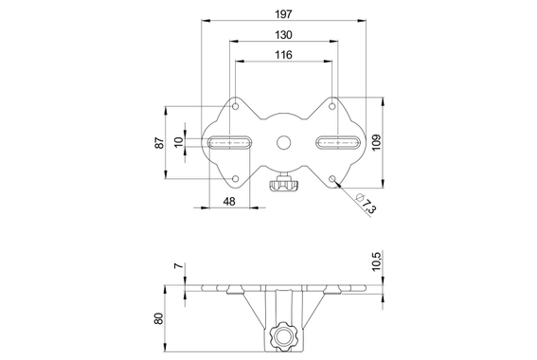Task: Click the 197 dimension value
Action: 282,14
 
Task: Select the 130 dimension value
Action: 282,35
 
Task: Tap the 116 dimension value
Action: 282,56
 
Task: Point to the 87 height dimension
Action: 160,143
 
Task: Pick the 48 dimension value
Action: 229,201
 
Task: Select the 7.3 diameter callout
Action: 365,202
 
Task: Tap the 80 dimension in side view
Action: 160,318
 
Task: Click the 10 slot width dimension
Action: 179,142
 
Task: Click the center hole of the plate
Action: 283,143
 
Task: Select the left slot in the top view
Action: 230,143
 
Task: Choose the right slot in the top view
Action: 336,143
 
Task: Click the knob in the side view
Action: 283,335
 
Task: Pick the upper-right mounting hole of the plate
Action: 332,108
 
